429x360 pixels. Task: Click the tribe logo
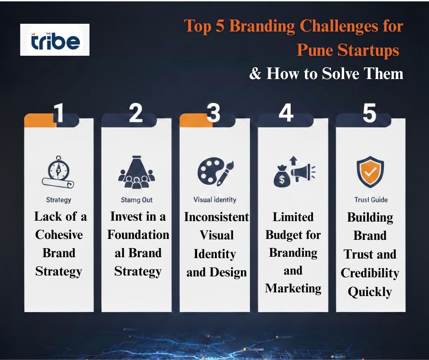point(55,40)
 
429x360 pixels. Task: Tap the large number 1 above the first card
point(58,113)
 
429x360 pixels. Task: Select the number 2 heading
point(136,113)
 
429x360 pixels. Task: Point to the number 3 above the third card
point(213,113)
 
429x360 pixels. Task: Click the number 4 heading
point(286,113)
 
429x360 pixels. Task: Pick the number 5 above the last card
point(369,113)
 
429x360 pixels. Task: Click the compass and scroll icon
point(58,174)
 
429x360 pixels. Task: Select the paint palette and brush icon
point(215,172)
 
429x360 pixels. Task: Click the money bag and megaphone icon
point(293,172)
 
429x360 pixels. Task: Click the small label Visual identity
point(214,200)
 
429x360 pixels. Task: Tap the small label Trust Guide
point(371,200)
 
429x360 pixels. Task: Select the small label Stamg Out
point(136,200)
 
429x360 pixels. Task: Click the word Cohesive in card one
point(59,235)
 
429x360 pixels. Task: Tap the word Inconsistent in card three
point(216,217)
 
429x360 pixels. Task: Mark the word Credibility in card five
point(370,273)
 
